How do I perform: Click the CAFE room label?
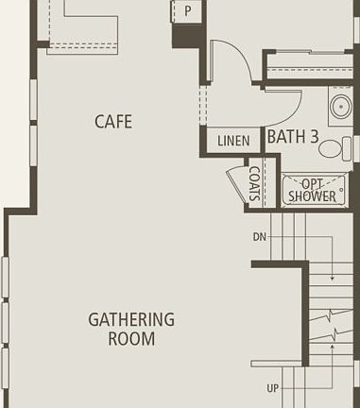click(112, 122)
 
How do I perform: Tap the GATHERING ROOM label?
click(131, 329)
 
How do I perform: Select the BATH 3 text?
click(292, 137)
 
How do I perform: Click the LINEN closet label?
click(233, 142)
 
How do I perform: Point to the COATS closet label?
click(254, 183)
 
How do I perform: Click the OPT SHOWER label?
click(313, 190)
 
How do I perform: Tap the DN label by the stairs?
click(260, 237)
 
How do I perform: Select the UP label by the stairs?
click(273, 388)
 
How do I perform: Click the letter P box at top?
click(187, 11)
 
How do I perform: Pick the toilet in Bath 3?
click(331, 147)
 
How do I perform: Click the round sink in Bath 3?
click(340, 107)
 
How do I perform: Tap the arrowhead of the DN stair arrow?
click(332, 278)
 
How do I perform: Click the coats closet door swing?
click(235, 183)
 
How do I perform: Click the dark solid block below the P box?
click(186, 36)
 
